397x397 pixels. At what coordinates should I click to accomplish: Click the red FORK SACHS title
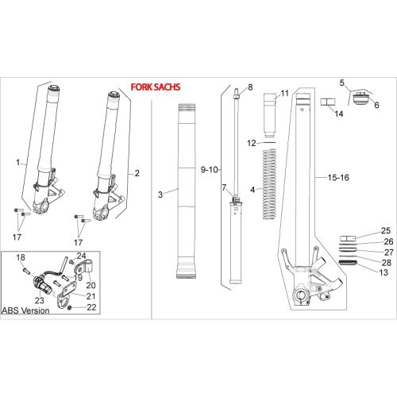coord(156,87)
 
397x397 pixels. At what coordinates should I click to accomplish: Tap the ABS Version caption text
coord(25,310)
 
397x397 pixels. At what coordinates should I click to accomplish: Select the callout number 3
coord(160,195)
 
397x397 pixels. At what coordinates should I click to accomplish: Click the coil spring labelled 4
coord(269,184)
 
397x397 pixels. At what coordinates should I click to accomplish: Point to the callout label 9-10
coord(209,170)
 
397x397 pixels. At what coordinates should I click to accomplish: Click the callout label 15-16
coord(338,178)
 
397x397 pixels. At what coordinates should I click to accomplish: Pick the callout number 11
coord(284,93)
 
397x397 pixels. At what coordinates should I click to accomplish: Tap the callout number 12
coord(252,143)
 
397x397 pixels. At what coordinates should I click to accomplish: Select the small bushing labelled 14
coord(328,102)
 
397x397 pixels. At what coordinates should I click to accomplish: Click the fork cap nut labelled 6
coord(361,98)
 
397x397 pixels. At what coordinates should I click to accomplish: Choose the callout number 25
coord(386,230)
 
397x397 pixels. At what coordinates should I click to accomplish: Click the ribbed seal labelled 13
coord(348,263)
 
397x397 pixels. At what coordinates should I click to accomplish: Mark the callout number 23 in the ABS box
coord(40,300)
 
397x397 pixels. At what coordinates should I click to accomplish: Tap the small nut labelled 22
coord(70,308)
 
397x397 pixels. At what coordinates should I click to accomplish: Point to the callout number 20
coord(91,285)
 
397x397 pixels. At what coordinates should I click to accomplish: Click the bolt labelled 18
coord(26,272)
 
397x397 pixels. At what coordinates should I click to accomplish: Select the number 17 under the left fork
coord(17,237)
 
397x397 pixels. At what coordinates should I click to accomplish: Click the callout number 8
coord(250,87)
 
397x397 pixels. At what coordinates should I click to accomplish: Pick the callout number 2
coord(137,173)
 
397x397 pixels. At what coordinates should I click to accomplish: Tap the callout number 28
coord(387,263)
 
